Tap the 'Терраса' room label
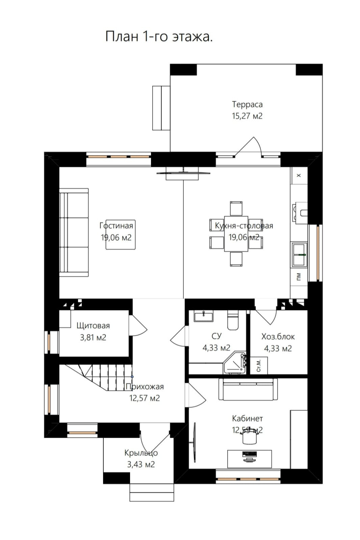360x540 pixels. click(x=247, y=104)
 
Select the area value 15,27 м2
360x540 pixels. click(x=247, y=116)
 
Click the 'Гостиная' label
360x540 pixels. click(x=116, y=226)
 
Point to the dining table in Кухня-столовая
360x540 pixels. click(x=236, y=234)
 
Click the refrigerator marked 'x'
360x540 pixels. click(x=299, y=175)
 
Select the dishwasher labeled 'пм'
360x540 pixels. click(x=299, y=276)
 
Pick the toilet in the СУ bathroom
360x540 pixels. click(x=233, y=320)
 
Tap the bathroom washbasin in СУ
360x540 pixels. click(x=204, y=316)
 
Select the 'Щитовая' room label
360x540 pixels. click(x=93, y=326)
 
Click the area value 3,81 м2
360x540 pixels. click(x=93, y=337)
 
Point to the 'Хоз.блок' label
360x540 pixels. click(x=278, y=337)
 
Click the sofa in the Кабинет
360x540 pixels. click(x=248, y=389)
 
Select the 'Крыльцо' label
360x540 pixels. click(x=141, y=453)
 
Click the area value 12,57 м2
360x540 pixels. click(x=145, y=398)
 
